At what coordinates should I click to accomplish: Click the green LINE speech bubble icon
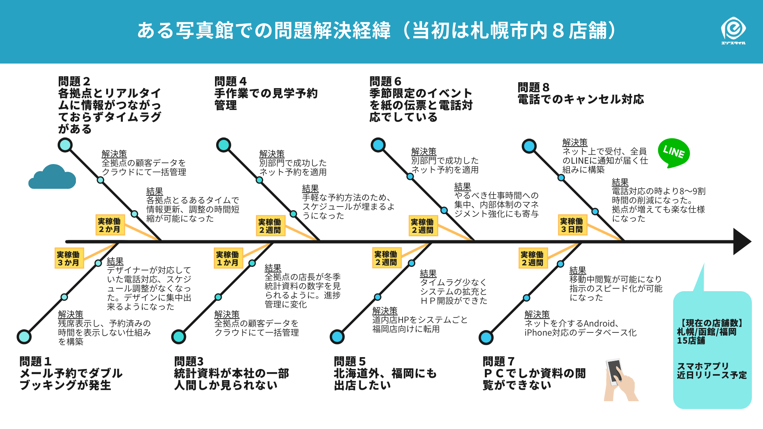coord(674,153)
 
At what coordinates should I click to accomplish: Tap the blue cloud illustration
coord(52,178)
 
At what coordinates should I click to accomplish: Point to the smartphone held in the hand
coord(614,371)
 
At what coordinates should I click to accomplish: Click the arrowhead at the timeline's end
coord(741,242)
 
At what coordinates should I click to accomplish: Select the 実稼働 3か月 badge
coord(69,259)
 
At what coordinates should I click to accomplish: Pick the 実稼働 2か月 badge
coord(110,225)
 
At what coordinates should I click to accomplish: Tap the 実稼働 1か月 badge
coord(228,259)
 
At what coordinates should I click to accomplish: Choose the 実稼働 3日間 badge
coord(572,225)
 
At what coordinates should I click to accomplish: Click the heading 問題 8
coord(533,87)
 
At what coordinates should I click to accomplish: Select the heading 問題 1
coord(35,361)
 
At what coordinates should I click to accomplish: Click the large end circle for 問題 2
coord(65,145)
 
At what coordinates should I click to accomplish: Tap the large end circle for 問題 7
coord(486,337)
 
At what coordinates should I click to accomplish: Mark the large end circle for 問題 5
coord(337,337)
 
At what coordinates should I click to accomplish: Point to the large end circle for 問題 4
coord(224,145)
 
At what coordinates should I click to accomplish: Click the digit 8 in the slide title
coord(558,31)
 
